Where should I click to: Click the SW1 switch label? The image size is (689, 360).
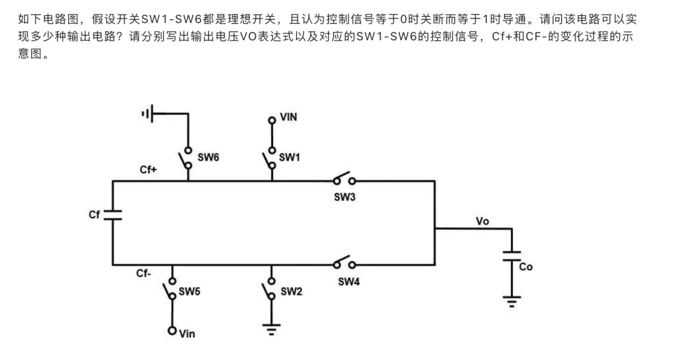tap(289, 157)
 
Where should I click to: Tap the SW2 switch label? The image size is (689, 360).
tap(292, 292)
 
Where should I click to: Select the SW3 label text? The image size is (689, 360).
tap(344, 197)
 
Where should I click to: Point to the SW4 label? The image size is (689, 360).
tap(349, 281)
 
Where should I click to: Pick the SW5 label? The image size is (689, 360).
tap(189, 292)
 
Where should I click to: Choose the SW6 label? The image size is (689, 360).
tap(208, 157)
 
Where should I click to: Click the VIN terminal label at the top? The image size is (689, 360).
tap(288, 117)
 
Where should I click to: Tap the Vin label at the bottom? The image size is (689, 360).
tap(187, 334)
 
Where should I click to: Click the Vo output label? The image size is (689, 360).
tap(482, 221)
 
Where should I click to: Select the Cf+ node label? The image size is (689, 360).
tap(148, 170)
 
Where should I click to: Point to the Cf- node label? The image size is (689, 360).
tap(144, 273)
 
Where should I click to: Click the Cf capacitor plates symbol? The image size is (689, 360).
tap(113, 215)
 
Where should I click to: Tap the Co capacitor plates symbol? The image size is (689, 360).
tap(512, 256)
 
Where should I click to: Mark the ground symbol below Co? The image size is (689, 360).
tap(512, 302)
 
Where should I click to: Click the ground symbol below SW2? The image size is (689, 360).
tap(272, 329)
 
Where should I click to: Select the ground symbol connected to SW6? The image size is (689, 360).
tap(147, 114)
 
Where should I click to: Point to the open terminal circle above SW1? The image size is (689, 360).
tap(272, 120)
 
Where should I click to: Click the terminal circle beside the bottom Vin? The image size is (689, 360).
tap(172, 331)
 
